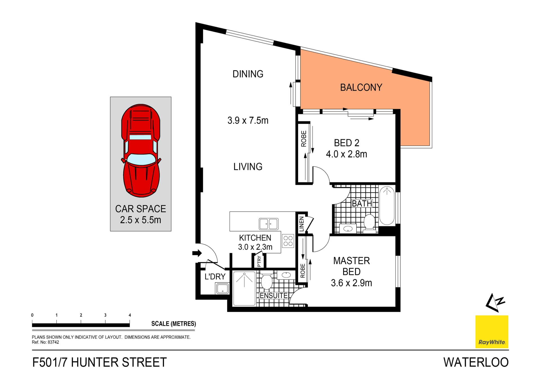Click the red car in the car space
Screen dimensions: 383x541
tap(141, 151)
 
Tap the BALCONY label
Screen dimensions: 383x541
tap(361, 87)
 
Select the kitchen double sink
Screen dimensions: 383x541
tap(269, 224)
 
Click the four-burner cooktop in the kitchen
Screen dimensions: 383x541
tap(288, 241)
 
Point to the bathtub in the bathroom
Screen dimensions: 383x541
tap(387, 205)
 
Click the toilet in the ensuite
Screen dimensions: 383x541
tap(266, 281)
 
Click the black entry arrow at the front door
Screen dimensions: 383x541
tap(197, 253)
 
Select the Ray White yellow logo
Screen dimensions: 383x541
tap(492, 332)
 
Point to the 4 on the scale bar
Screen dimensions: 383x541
tap(130, 315)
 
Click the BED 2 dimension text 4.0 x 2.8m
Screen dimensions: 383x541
tap(346, 154)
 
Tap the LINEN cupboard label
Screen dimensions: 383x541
tap(301, 224)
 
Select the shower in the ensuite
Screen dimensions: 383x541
tap(244, 288)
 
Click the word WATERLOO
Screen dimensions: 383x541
tap(476, 362)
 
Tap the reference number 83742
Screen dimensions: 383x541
tap(53, 342)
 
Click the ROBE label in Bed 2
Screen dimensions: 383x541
tap(303, 139)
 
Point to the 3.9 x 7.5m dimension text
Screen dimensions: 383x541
tap(248, 121)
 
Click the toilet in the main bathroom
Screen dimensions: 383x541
tap(369, 222)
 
